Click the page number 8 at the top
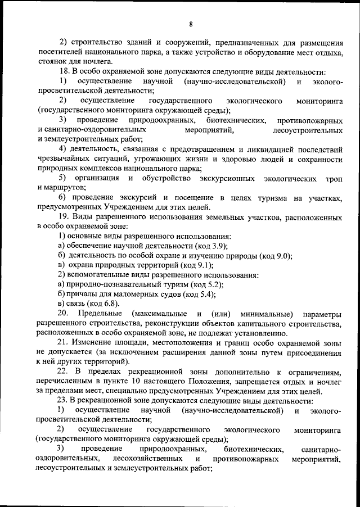[191, 24]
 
